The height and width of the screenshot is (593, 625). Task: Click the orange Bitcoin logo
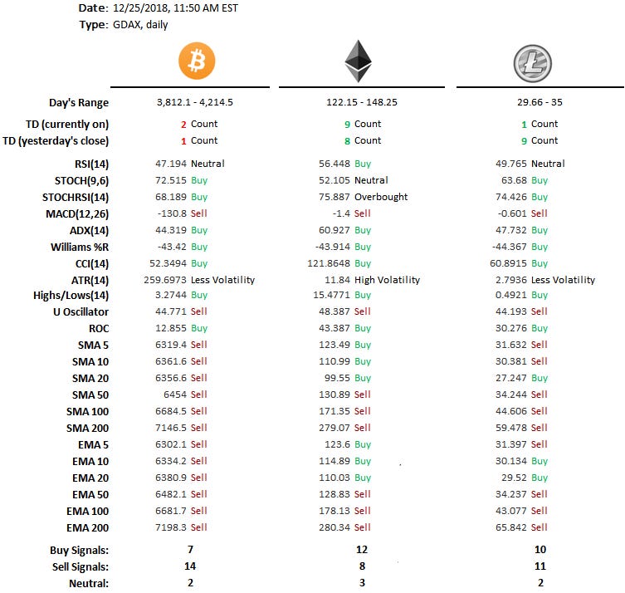(x=197, y=61)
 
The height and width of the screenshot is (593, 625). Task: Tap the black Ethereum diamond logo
(x=358, y=62)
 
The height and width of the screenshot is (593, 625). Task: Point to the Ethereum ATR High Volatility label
(x=387, y=280)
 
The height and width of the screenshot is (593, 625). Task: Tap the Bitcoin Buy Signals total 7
(x=191, y=550)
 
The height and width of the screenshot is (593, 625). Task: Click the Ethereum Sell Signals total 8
(x=359, y=566)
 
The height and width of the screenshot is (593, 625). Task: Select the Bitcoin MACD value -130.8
(x=170, y=213)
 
